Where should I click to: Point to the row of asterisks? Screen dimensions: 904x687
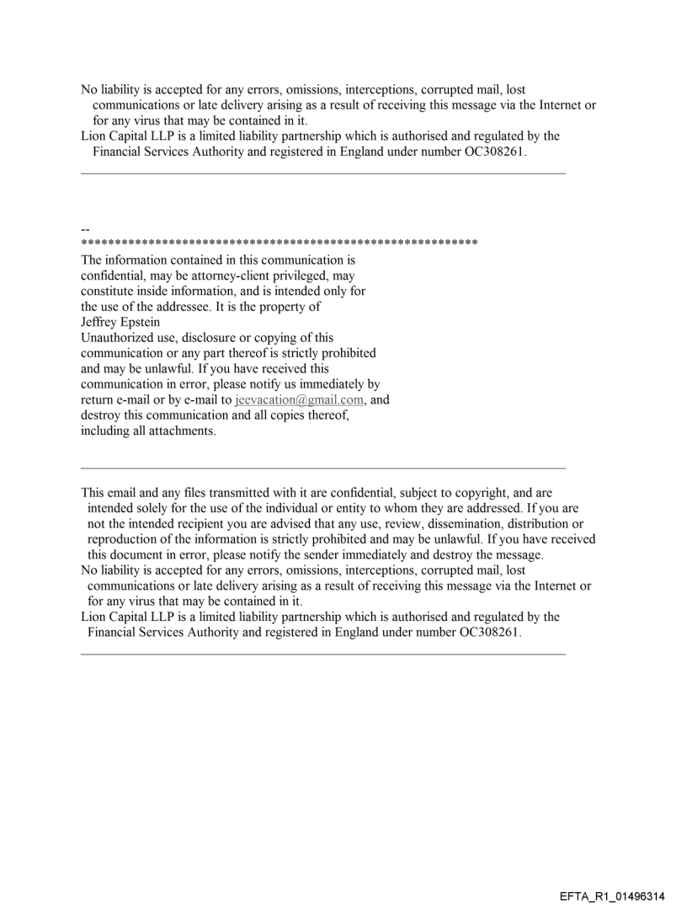(279, 243)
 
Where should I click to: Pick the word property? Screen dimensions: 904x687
(324, 306)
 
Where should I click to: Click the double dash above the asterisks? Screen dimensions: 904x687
(85, 229)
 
